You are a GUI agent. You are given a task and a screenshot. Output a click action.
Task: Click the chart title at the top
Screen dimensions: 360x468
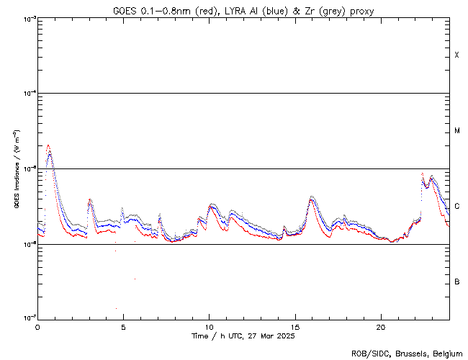[x=243, y=11]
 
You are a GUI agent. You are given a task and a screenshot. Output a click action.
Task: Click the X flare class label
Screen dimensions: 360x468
[x=456, y=55]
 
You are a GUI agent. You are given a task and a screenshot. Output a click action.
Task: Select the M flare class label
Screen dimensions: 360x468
[x=456, y=130]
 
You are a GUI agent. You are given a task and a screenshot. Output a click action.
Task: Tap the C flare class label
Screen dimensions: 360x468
[x=456, y=207]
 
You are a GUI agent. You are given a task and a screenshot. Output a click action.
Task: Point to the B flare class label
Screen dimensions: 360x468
[x=456, y=282]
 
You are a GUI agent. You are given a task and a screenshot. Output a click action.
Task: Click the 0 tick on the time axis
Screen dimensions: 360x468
[x=37, y=326]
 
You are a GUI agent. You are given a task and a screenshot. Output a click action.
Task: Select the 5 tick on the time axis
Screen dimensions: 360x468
[x=123, y=326]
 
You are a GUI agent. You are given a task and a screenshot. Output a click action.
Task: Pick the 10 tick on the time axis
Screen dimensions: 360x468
[x=209, y=326]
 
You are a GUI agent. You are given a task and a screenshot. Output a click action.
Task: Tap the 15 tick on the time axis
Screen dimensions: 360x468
[x=294, y=326]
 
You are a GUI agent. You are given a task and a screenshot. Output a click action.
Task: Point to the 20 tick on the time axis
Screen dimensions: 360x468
[x=380, y=326]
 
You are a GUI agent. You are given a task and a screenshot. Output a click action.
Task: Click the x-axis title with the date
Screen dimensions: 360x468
[x=243, y=336]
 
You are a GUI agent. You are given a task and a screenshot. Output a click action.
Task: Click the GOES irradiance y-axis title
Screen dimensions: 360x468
[x=15, y=168]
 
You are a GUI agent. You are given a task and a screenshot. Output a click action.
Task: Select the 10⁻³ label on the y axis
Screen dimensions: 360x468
[x=29, y=18]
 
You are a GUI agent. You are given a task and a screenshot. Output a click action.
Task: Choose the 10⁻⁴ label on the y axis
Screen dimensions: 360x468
[x=29, y=94]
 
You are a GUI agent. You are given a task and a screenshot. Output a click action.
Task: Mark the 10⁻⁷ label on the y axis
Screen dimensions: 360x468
[x=29, y=317]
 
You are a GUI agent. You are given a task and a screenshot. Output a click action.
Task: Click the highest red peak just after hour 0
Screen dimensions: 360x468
[x=48, y=145]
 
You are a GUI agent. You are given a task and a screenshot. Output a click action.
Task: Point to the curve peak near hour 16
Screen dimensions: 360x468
[x=311, y=197]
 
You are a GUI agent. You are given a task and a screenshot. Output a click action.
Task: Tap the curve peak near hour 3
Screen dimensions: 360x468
[x=89, y=200]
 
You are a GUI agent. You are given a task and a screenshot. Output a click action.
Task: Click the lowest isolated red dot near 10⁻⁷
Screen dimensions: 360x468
[x=116, y=308]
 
